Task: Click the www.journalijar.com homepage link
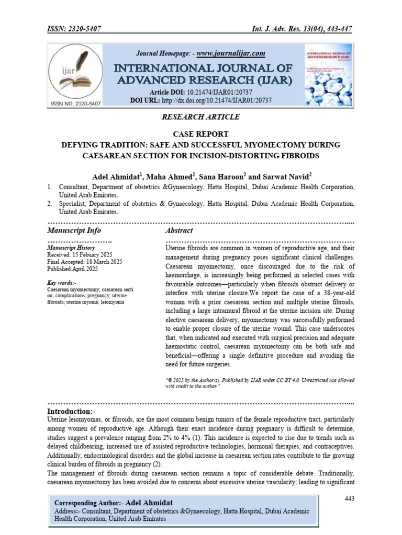(x=231, y=53)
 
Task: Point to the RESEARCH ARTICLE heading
(x=201, y=118)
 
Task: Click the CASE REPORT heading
(x=201, y=133)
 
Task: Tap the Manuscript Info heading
(x=74, y=230)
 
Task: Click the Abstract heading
(x=179, y=230)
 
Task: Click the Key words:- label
(x=62, y=283)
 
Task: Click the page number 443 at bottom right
(x=349, y=498)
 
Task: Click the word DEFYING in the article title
(x=83, y=144)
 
